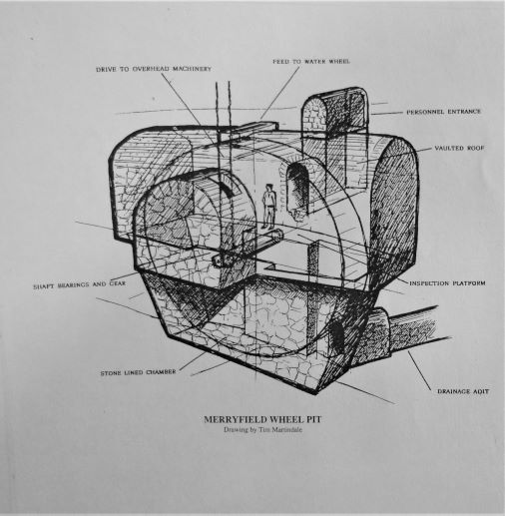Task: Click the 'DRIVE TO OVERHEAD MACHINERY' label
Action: point(154,69)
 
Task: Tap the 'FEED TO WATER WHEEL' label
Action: point(311,62)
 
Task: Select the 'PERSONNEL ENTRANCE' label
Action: point(444,112)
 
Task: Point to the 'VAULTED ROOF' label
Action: point(459,148)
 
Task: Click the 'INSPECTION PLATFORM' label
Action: point(447,283)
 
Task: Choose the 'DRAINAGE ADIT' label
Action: point(463,391)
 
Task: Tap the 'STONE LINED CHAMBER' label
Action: point(138,372)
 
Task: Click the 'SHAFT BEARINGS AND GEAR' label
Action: point(80,284)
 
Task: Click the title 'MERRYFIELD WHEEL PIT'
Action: point(262,419)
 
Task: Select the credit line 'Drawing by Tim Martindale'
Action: point(262,429)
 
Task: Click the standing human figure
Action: point(269,207)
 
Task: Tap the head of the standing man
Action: point(269,188)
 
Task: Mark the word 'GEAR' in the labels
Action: point(118,283)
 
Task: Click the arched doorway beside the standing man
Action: point(298,190)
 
